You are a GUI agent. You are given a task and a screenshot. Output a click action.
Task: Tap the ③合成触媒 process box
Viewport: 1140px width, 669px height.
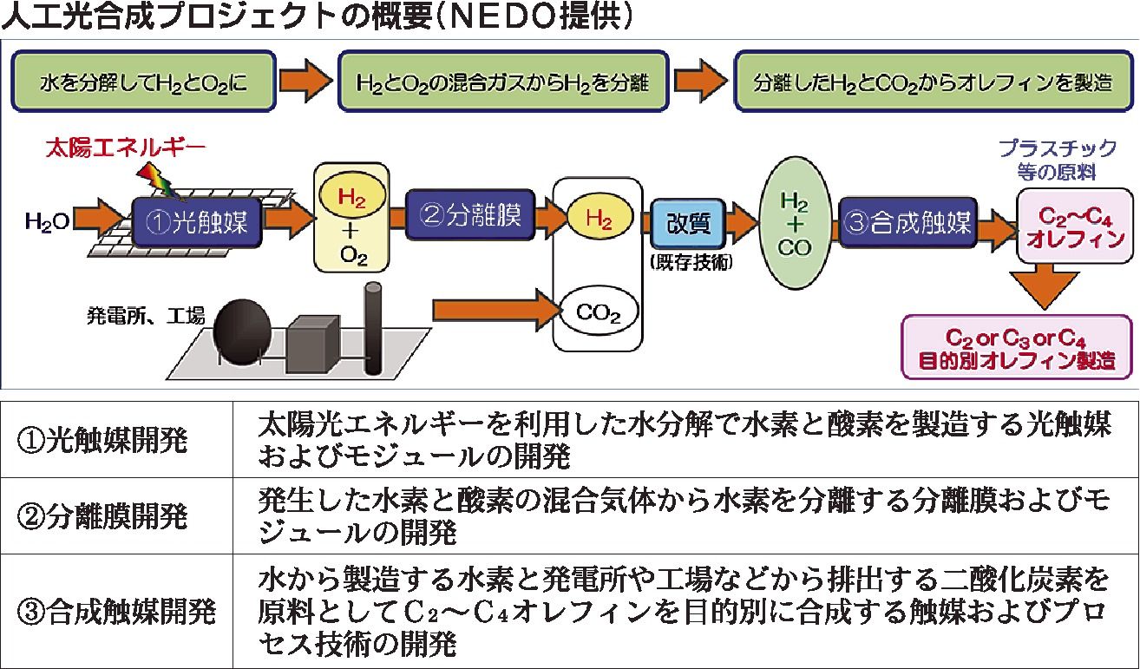(906, 220)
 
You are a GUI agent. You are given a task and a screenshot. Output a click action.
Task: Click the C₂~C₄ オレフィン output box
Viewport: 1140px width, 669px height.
(1075, 226)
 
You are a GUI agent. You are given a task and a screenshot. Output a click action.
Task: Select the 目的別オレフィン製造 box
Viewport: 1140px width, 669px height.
(1018, 348)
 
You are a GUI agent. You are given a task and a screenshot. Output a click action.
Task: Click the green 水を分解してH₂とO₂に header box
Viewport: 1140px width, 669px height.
(144, 82)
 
